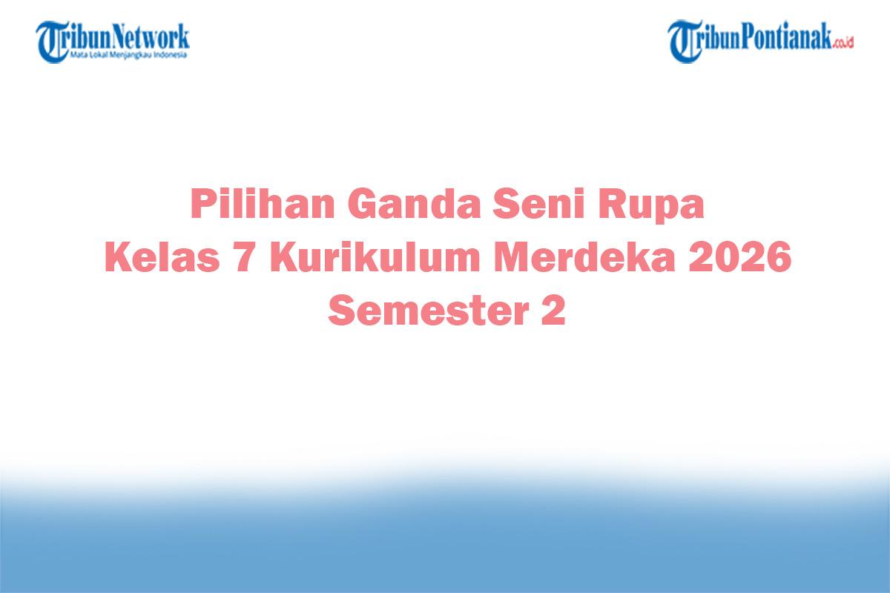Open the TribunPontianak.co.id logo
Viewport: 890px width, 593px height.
pos(760,41)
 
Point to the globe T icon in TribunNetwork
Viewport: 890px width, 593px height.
pos(52,42)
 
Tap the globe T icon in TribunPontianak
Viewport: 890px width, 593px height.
pos(683,41)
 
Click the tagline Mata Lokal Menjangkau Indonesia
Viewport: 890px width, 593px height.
pos(128,54)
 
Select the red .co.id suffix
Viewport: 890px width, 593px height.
pos(843,43)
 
